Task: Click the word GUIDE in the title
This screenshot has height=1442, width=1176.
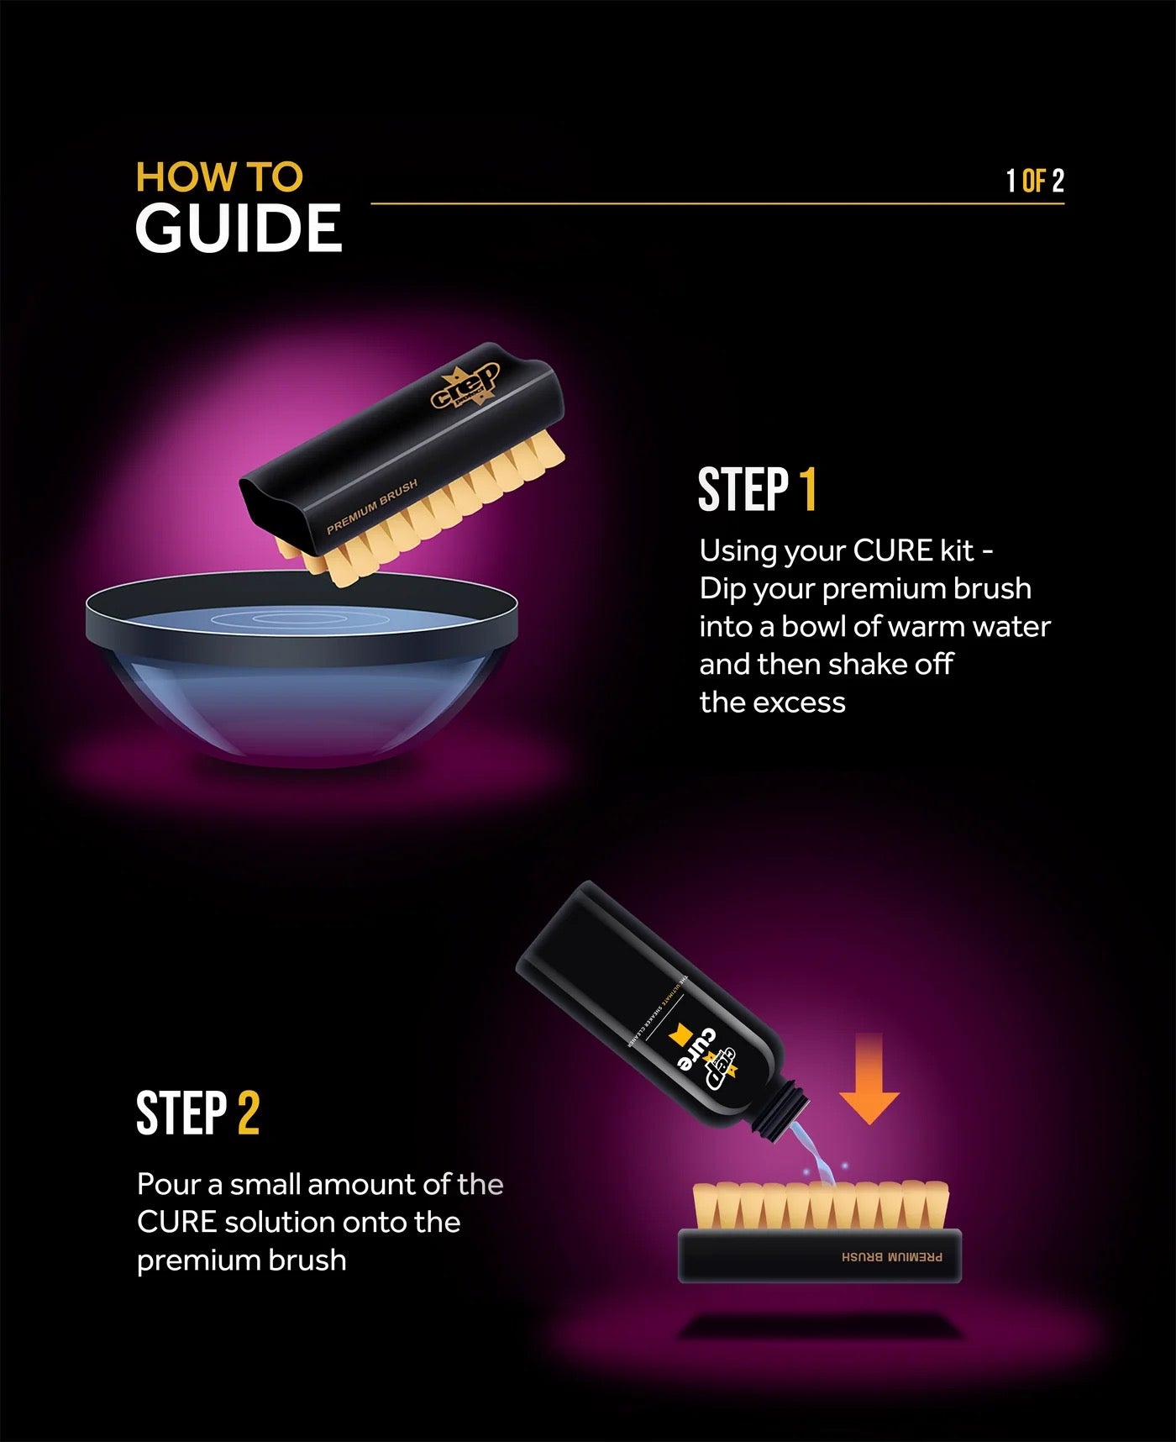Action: click(239, 229)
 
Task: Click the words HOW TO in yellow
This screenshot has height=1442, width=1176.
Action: click(219, 177)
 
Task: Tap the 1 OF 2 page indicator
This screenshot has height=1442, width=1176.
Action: click(1035, 181)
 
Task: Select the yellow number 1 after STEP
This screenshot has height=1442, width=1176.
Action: click(807, 491)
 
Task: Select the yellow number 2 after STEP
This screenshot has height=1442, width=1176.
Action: click(248, 1114)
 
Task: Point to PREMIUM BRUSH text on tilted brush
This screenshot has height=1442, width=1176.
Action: click(371, 508)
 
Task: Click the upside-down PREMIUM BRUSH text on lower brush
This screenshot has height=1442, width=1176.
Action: click(891, 1258)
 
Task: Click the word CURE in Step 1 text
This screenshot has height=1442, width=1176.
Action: click(893, 551)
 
